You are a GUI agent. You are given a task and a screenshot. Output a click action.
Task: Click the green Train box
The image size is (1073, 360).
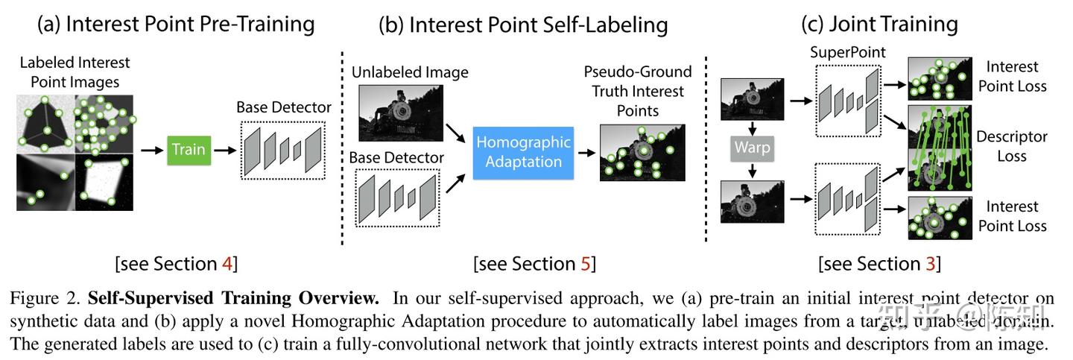click(x=189, y=149)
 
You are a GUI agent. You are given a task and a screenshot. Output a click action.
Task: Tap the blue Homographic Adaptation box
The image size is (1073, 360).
click(x=523, y=151)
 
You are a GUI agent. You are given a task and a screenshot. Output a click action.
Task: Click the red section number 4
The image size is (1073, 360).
click(x=230, y=264)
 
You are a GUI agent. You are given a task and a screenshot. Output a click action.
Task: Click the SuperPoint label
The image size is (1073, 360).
click(x=848, y=53)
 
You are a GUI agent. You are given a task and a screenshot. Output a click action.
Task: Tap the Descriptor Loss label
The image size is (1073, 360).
click(x=1011, y=147)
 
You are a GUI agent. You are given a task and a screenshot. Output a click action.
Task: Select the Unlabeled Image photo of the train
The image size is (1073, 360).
click(x=400, y=113)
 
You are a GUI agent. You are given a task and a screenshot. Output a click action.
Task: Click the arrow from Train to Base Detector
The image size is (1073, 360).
click(x=221, y=149)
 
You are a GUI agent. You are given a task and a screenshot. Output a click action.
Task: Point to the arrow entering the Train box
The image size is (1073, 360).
click(x=151, y=149)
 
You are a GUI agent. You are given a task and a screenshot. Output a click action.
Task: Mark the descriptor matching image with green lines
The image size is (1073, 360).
click(x=940, y=148)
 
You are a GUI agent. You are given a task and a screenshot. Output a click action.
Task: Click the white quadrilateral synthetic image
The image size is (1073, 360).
click(x=104, y=182)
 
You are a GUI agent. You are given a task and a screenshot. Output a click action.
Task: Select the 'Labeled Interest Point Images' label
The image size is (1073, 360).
click(x=75, y=72)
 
